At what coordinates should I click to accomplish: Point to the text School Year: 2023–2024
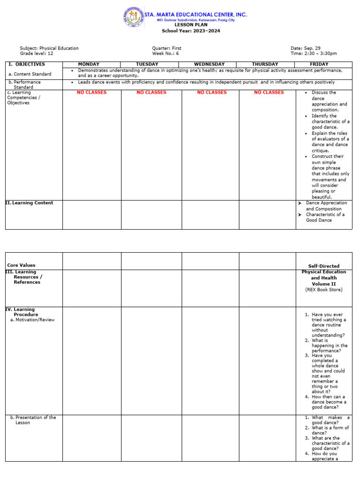tap(191, 31)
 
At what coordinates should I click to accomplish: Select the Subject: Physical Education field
tap(49, 48)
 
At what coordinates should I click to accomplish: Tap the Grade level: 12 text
tap(37, 53)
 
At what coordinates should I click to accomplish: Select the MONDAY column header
tap(89, 64)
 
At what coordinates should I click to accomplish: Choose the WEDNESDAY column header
tap(210, 64)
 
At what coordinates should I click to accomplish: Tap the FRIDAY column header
tap(319, 64)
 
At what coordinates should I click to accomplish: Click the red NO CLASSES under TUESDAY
tap(151, 92)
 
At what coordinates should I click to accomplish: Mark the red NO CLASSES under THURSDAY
tap(269, 92)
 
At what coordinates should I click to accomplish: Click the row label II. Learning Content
tap(29, 203)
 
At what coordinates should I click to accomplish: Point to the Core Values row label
tap(21, 265)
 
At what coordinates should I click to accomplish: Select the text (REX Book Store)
tap(323, 290)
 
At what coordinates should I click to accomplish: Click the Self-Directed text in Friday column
tap(323, 266)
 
